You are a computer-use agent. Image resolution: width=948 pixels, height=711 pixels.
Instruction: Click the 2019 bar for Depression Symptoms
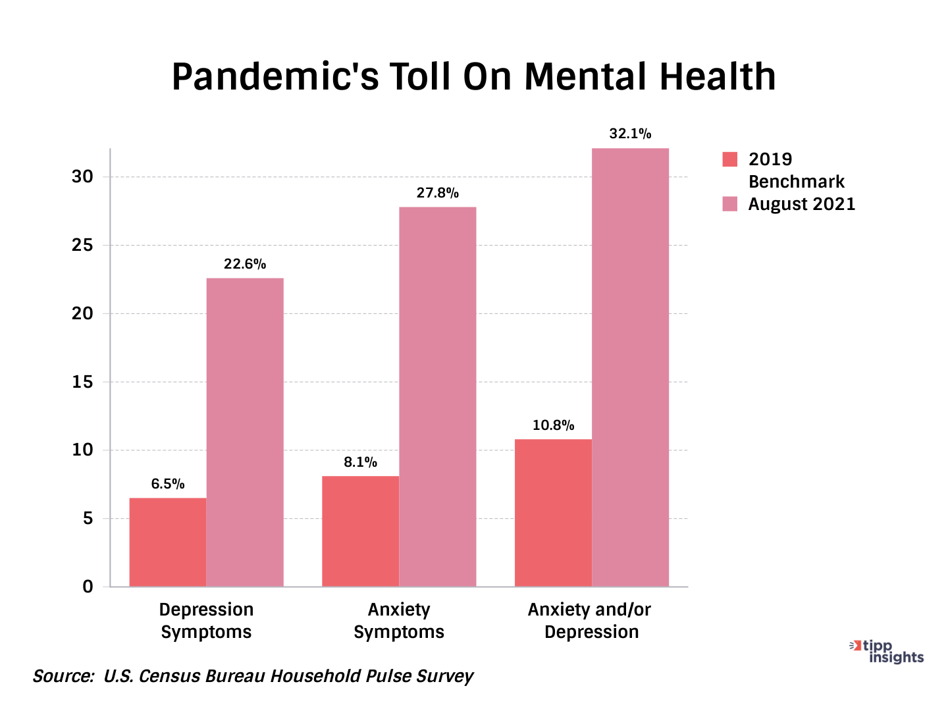point(167,542)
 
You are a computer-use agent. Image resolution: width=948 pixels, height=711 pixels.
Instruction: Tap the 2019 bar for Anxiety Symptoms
point(360,531)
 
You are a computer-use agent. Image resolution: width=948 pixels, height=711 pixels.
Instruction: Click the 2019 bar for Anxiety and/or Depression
point(553,513)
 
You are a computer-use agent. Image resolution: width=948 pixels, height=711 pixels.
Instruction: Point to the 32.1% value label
point(630,134)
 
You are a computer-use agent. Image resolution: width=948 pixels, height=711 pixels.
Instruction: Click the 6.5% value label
point(168,485)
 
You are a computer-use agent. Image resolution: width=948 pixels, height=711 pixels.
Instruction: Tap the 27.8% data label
point(437,194)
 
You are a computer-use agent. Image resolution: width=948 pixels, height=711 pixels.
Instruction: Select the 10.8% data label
point(553,426)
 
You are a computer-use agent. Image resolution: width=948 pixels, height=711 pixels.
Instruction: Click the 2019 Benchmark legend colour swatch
point(730,159)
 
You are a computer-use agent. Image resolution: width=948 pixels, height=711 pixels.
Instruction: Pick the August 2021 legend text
point(801,204)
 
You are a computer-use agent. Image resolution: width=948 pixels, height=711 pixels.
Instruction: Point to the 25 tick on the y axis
point(83,246)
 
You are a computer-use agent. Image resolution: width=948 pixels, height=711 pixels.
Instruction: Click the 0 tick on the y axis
point(88,587)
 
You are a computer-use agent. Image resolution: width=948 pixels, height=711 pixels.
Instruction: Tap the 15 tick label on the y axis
point(83,382)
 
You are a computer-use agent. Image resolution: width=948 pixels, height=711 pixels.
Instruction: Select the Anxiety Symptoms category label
point(399,621)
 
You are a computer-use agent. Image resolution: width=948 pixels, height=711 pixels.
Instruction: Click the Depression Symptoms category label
point(206,621)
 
